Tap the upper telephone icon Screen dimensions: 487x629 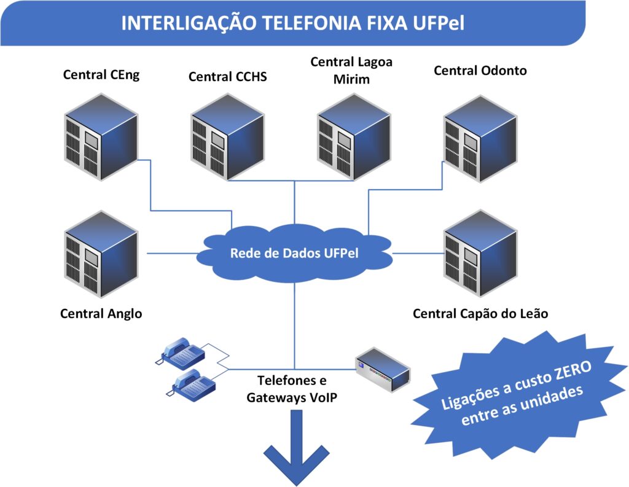coord(182,351)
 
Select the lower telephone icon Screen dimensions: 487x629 coord(193,385)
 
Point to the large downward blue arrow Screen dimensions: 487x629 coord(294,451)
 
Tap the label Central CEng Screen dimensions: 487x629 coord(101,75)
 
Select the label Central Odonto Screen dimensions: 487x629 coord(480,71)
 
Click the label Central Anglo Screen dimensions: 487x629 coord(101,314)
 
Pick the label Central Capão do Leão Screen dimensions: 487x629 coord(480,314)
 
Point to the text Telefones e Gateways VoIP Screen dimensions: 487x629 coord(291,388)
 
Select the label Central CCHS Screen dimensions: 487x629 coord(228,77)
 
